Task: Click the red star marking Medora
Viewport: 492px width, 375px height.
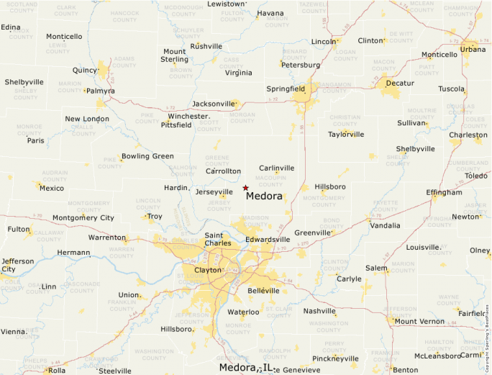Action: click(x=245, y=188)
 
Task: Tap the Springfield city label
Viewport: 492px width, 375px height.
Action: click(x=286, y=89)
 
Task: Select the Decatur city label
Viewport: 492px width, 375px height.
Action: click(x=400, y=83)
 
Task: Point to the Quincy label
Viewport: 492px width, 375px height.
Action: click(x=85, y=71)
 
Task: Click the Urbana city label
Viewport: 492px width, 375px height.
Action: click(x=473, y=49)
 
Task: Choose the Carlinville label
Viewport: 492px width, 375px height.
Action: click(x=276, y=168)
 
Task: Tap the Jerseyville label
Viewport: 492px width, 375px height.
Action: click(x=214, y=192)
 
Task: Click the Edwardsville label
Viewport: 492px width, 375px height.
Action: click(x=268, y=239)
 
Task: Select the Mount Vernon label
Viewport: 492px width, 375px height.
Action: click(x=419, y=321)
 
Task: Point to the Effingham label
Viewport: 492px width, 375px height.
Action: click(x=444, y=193)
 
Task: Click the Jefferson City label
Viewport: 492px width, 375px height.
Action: click(x=17, y=265)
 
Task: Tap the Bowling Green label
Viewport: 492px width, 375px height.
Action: click(x=147, y=156)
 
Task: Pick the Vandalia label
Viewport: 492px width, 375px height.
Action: click(x=385, y=225)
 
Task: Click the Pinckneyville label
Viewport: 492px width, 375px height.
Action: click(x=335, y=358)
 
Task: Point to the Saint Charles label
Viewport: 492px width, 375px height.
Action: click(x=219, y=239)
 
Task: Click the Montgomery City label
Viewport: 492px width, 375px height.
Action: click(x=83, y=217)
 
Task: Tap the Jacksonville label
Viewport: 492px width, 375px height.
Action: click(x=213, y=104)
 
